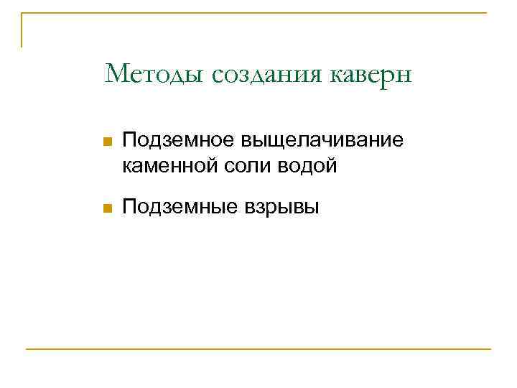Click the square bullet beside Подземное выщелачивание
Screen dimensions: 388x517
[x=107, y=143]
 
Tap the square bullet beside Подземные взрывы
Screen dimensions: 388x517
[x=107, y=208]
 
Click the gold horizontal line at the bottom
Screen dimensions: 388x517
[x=258, y=349]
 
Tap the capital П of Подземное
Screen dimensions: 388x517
[x=129, y=142]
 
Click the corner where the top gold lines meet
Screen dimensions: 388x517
[x=22, y=13]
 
